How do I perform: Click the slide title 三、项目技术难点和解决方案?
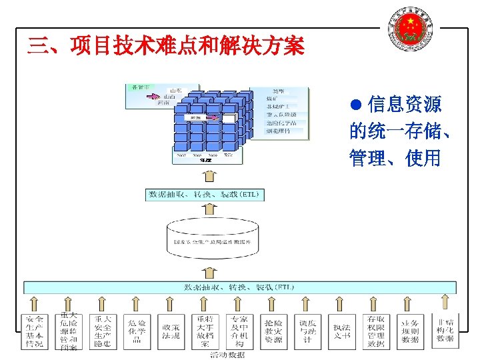[165, 46]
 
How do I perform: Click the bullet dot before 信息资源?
[356, 105]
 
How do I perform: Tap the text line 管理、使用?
[395, 159]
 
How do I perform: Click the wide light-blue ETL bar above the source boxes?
[240, 287]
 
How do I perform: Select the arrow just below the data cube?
[209, 176]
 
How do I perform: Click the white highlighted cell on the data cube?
[229, 118]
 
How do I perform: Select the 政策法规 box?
[171, 331]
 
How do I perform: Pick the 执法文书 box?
[342, 331]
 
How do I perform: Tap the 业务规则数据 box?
[410, 331]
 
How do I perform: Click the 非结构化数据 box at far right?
[445, 330]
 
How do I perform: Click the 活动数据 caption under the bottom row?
[227, 355]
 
